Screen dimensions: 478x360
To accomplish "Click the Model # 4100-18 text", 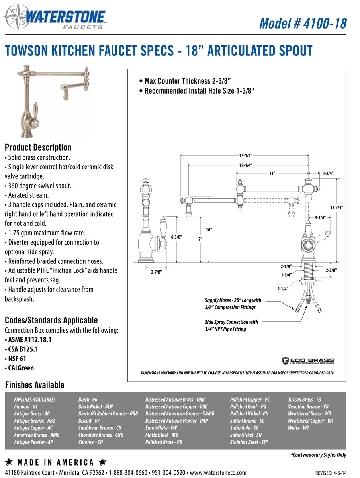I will [303, 23].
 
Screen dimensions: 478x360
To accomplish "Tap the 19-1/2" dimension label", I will [246, 155].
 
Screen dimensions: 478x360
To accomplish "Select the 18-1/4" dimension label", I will [246, 165].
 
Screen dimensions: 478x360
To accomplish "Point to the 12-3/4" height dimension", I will [337, 208].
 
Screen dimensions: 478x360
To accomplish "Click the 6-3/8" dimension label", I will [176, 237].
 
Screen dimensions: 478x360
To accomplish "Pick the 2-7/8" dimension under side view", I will [157, 272].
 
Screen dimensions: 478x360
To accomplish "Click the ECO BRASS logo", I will [308, 360].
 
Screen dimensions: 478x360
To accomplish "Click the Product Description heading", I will [38, 147].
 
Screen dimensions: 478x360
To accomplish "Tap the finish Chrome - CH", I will [90, 442].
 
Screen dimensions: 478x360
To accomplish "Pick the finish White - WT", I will [298, 428].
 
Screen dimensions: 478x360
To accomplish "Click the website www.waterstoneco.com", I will [218, 473].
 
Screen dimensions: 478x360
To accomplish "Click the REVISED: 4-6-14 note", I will [331, 473].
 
